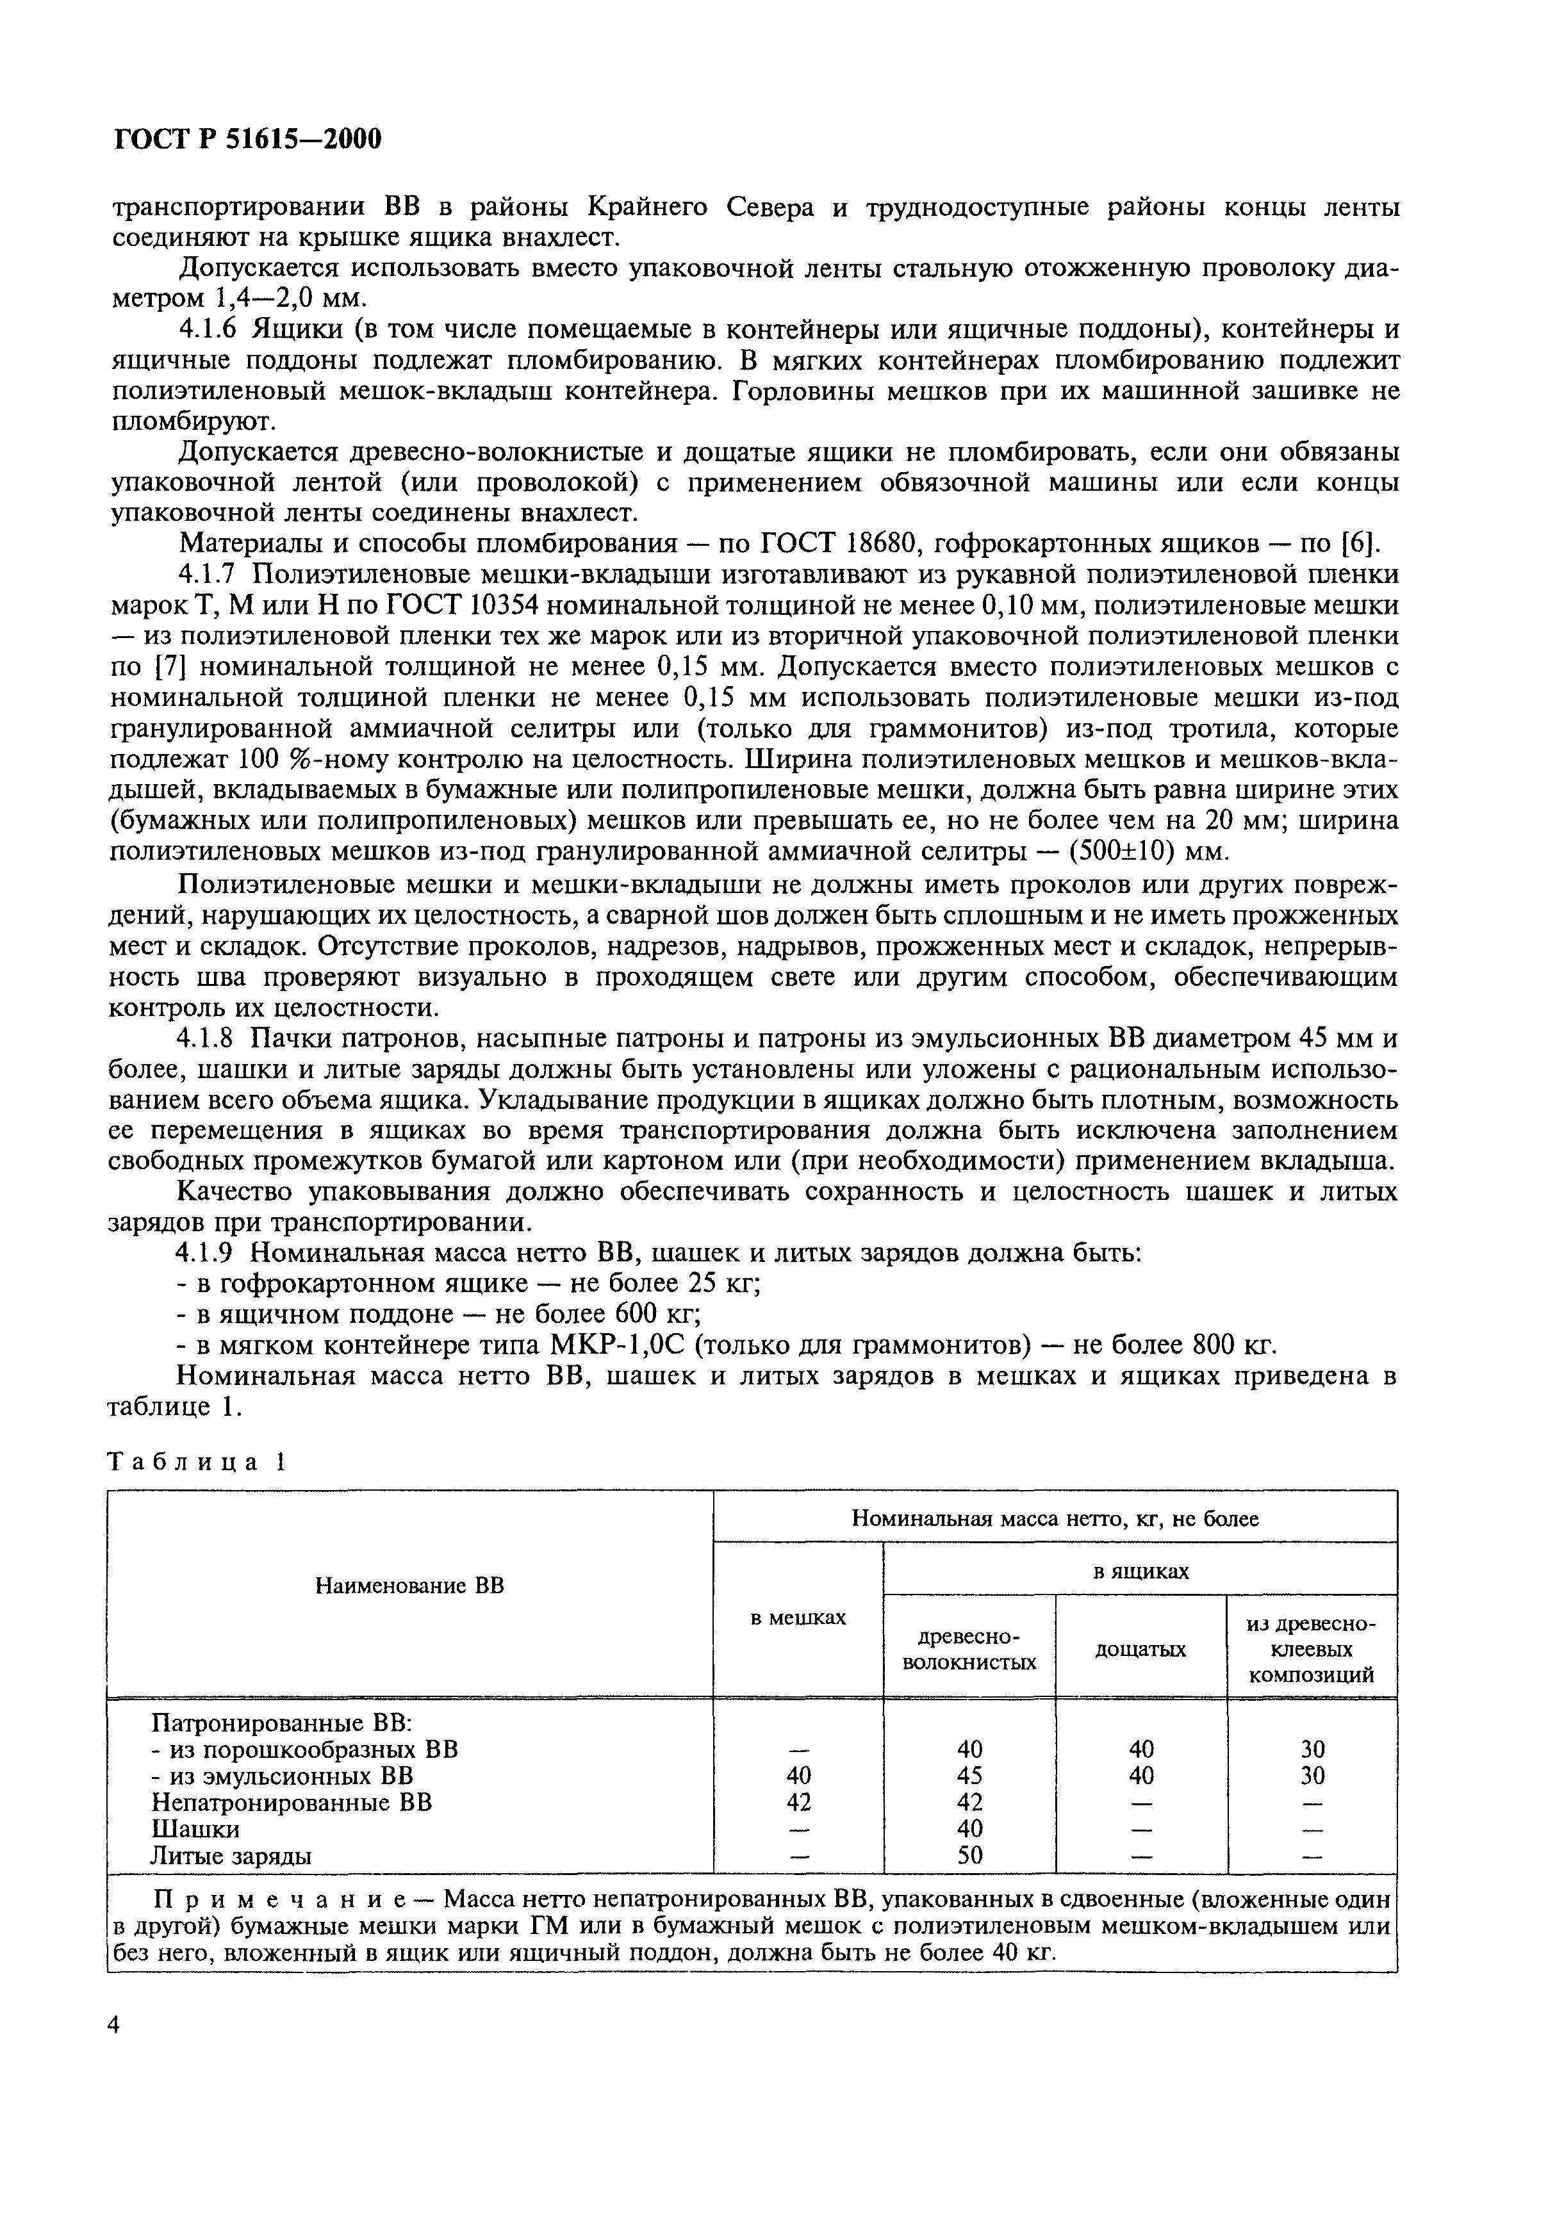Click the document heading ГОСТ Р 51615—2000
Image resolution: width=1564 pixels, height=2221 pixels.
click(249, 140)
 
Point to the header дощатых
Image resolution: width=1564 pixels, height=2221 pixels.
click(1140, 1650)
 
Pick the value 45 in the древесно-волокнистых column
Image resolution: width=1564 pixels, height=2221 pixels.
click(969, 1776)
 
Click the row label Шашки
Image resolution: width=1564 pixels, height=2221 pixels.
click(195, 1828)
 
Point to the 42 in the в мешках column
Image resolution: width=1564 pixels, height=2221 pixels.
click(799, 1802)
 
